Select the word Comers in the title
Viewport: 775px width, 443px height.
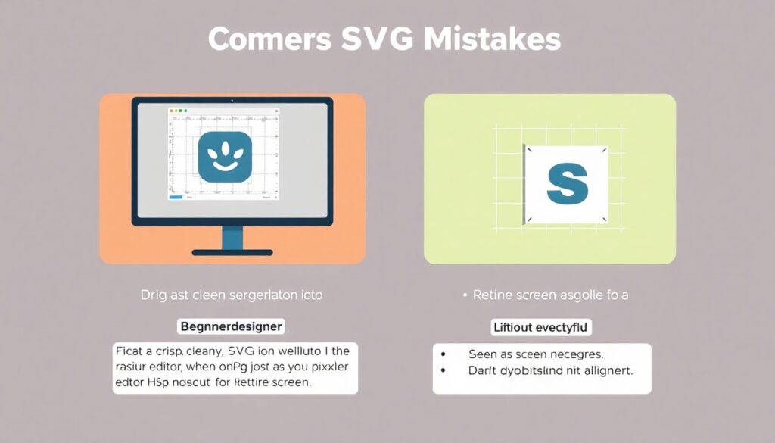tap(269, 39)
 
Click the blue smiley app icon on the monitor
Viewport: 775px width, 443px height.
tap(224, 156)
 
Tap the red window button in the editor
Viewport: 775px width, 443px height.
tap(172, 111)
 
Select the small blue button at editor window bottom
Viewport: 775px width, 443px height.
tap(176, 198)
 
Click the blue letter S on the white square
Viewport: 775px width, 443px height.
tap(567, 184)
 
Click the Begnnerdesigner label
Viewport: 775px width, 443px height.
tap(230, 327)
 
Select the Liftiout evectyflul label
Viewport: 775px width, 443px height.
tap(541, 327)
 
